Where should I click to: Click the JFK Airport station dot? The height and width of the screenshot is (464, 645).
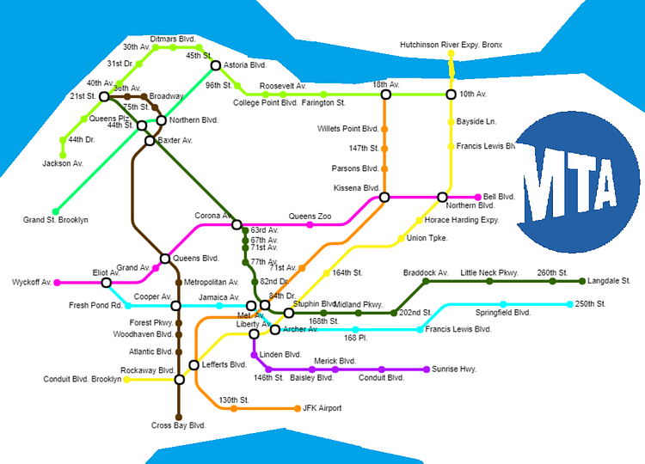coord(297,407)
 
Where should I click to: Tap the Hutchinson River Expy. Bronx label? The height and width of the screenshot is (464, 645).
coord(451,45)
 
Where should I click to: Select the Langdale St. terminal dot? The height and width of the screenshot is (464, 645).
coord(582,281)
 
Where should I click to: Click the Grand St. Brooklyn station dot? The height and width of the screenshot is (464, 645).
coord(56,211)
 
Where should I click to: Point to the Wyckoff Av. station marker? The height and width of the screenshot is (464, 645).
coord(58,282)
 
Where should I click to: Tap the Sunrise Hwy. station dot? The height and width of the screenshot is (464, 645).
coord(427,369)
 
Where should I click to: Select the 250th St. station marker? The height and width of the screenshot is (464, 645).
coord(570,304)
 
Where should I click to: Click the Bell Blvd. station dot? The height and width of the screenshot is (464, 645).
coord(478,197)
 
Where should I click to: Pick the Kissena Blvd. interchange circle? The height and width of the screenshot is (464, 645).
coord(384,197)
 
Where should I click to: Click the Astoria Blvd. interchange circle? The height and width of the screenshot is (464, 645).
coord(215,65)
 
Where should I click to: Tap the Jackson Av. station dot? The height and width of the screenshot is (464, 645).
coord(63,155)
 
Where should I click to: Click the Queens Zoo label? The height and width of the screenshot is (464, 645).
coord(310,216)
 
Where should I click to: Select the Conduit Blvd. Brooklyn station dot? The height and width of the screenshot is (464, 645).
coord(127,379)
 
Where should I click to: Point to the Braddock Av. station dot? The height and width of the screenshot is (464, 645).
coord(426,281)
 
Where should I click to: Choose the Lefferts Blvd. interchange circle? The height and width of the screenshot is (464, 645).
coord(194,365)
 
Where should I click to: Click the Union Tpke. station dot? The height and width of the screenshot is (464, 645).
coord(401,238)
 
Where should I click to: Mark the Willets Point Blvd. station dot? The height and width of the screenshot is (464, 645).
coord(384,129)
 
